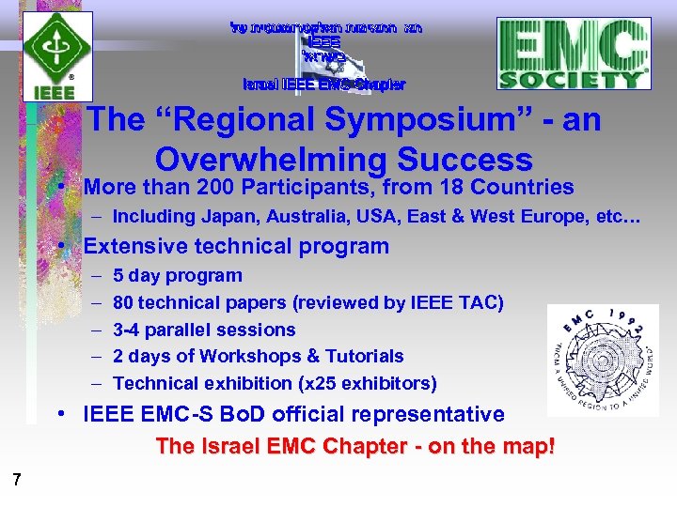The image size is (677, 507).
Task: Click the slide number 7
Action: (x=17, y=481)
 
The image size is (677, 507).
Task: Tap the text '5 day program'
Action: (x=178, y=275)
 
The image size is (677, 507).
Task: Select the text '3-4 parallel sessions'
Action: (x=204, y=330)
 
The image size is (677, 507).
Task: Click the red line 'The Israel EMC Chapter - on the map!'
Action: (x=355, y=446)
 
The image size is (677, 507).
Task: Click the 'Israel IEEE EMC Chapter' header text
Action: (x=324, y=84)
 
